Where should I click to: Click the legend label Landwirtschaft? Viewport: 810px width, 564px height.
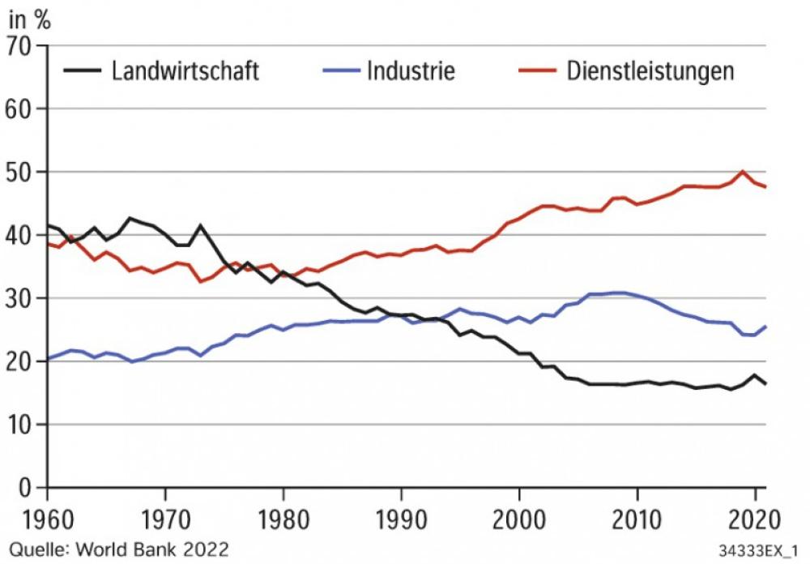(185, 71)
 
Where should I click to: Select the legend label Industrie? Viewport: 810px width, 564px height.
(411, 71)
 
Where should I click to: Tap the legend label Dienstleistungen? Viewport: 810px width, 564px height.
(650, 71)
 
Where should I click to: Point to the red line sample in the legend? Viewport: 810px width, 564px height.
(536, 71)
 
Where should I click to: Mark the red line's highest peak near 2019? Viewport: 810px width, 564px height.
(743, 171)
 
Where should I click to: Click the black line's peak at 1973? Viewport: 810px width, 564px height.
(200, 225)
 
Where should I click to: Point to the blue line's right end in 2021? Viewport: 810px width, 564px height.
(765, 327)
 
